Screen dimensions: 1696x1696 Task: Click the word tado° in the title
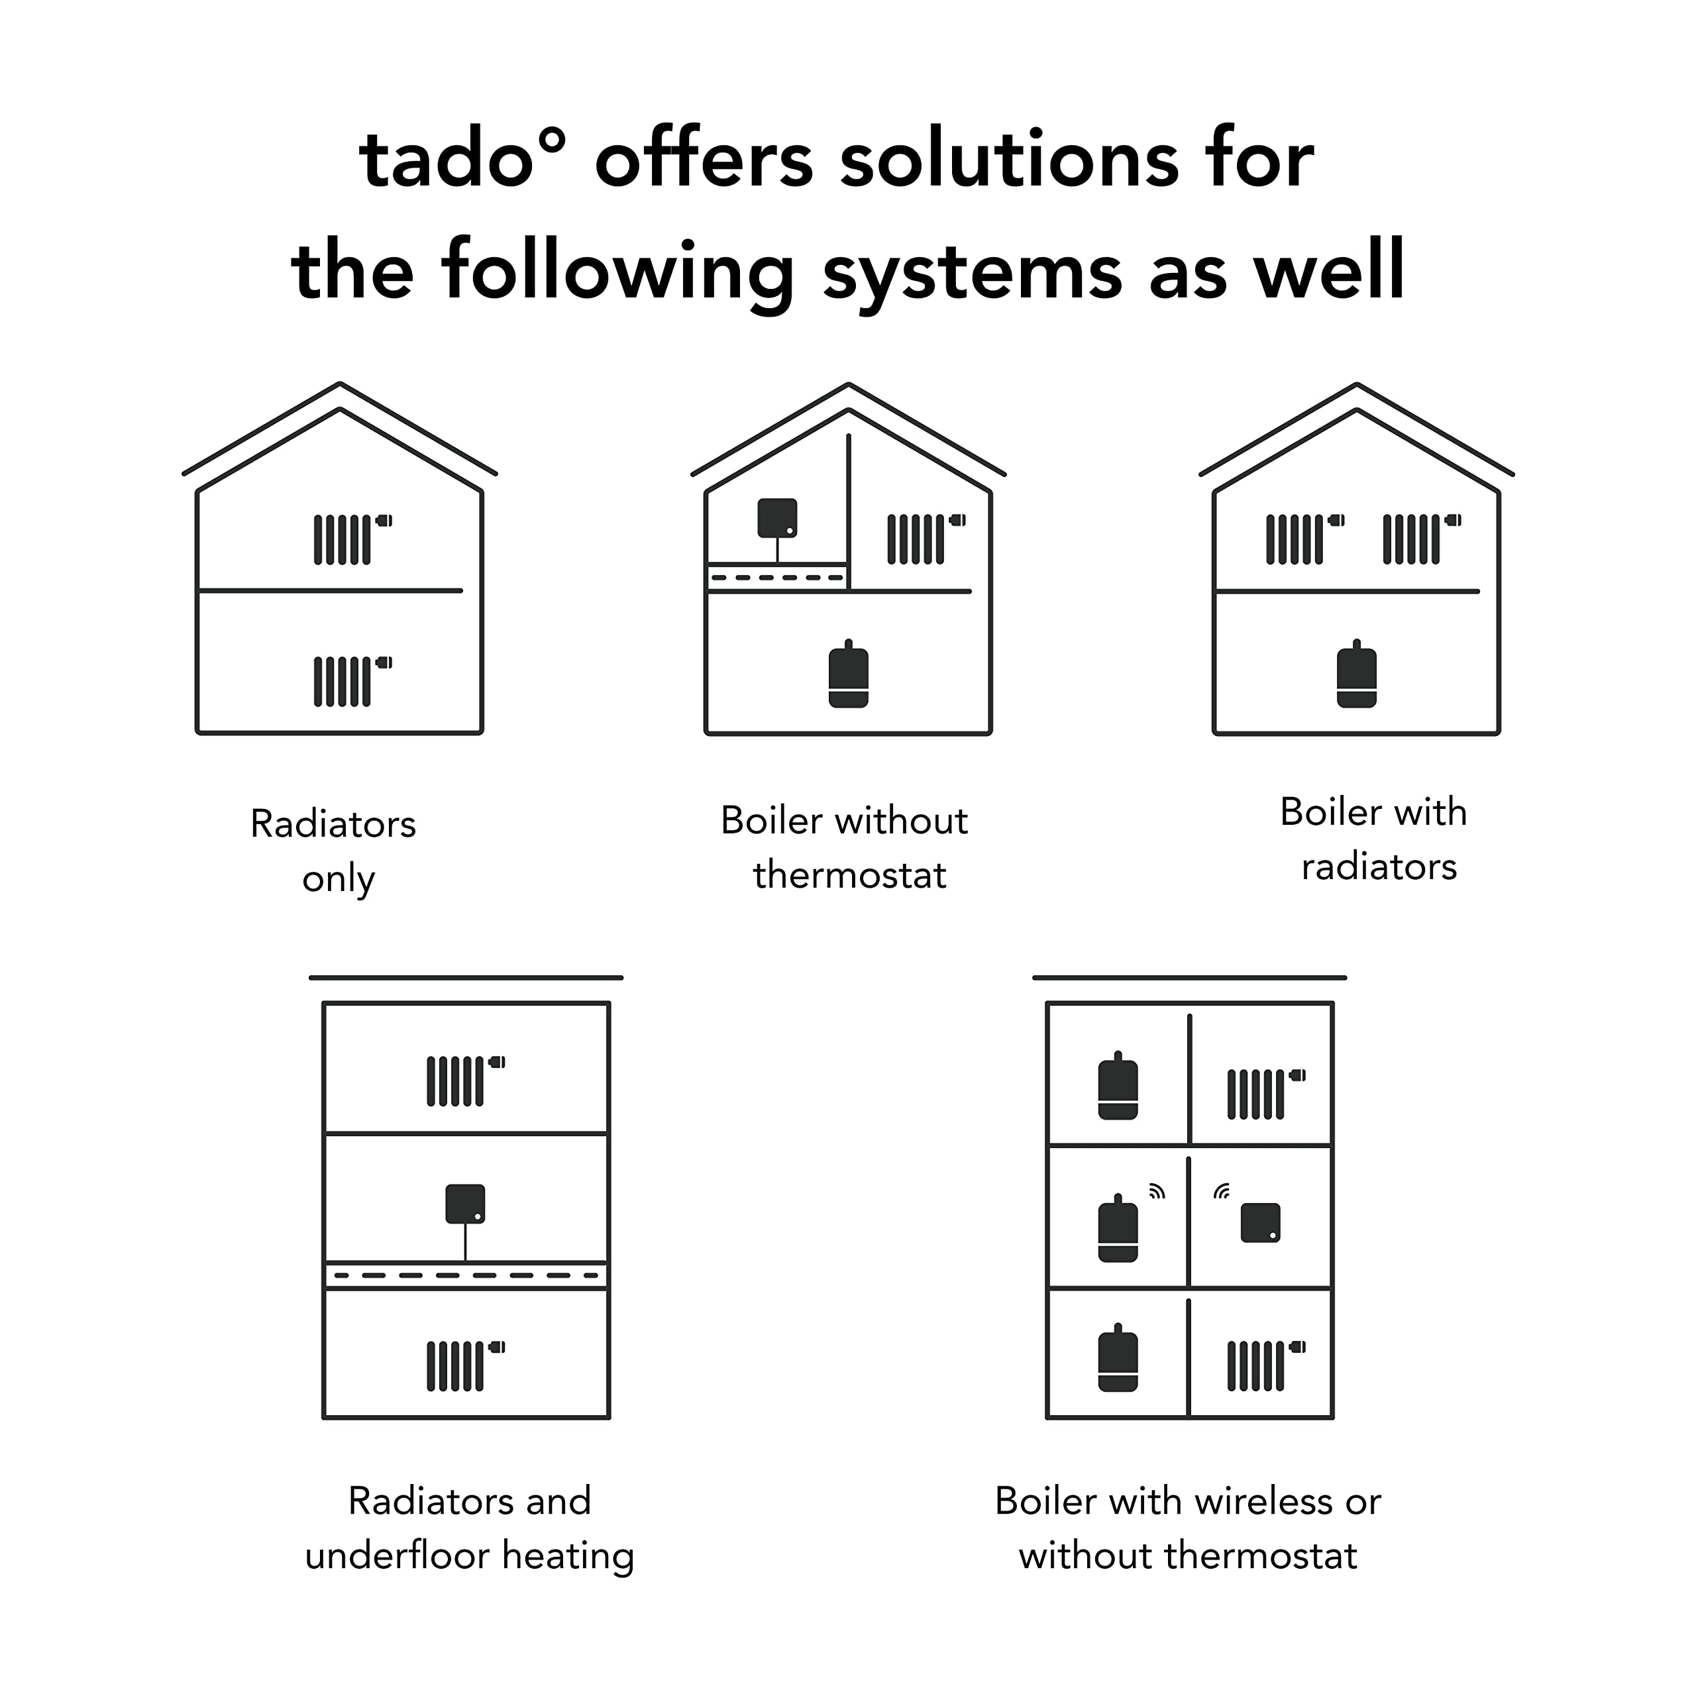(x=461, y=160)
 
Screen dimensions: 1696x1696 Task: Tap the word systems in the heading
(x=972, y=272)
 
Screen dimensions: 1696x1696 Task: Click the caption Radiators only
(x=335, y=850)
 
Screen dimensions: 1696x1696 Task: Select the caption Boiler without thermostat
(x=845, y=847)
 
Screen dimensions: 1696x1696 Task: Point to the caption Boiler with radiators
(x=1374, y=838)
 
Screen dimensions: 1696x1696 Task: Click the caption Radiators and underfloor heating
(x=469, y=1528)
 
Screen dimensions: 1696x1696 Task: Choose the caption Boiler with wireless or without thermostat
(x=1188, y=1528)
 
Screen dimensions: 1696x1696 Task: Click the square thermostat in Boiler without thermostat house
(x=778, y=518)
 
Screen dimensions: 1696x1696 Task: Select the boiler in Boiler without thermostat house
(x=848, y=675)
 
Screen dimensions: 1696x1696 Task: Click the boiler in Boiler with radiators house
(x=1356, y=675)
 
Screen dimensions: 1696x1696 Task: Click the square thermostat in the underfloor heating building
(x=465, y=1204)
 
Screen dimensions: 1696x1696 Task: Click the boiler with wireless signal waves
(x=1118, y=1229)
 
